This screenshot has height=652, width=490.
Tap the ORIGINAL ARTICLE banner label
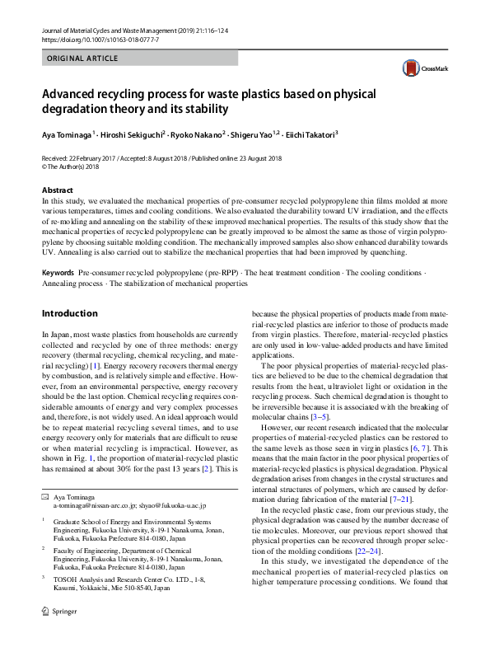[x=82, y=60]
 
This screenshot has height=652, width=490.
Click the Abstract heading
[x=58, y=190]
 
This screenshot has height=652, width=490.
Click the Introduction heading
[x=69, y=314]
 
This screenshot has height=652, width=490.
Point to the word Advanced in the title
[x=72, y=92]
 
